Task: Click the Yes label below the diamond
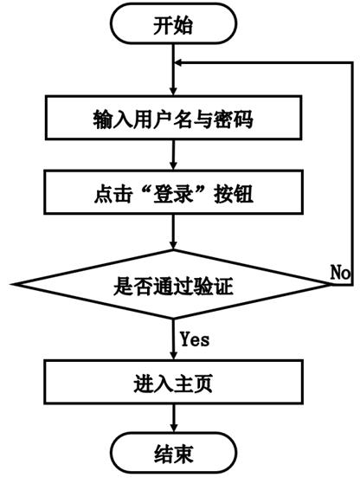click(x=195, y=338)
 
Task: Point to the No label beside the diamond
click(x=340, y=271)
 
